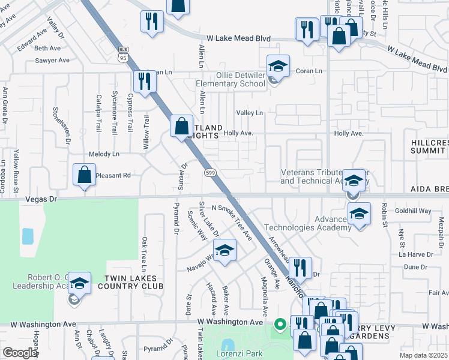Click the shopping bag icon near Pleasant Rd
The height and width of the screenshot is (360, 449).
click(85, 175)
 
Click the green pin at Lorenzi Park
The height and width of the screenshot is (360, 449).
click(280, 325)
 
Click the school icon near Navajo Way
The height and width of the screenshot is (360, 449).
click(225, 251)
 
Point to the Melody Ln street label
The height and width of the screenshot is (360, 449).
click(104, 154)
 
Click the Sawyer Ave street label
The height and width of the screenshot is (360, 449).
click(53, 61)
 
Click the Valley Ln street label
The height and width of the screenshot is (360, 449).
click(249, 113)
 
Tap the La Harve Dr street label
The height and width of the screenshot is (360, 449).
click(411, 254)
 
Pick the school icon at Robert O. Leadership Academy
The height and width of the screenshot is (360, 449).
click(79, 284)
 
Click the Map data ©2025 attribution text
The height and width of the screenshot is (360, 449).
click(423, 355)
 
